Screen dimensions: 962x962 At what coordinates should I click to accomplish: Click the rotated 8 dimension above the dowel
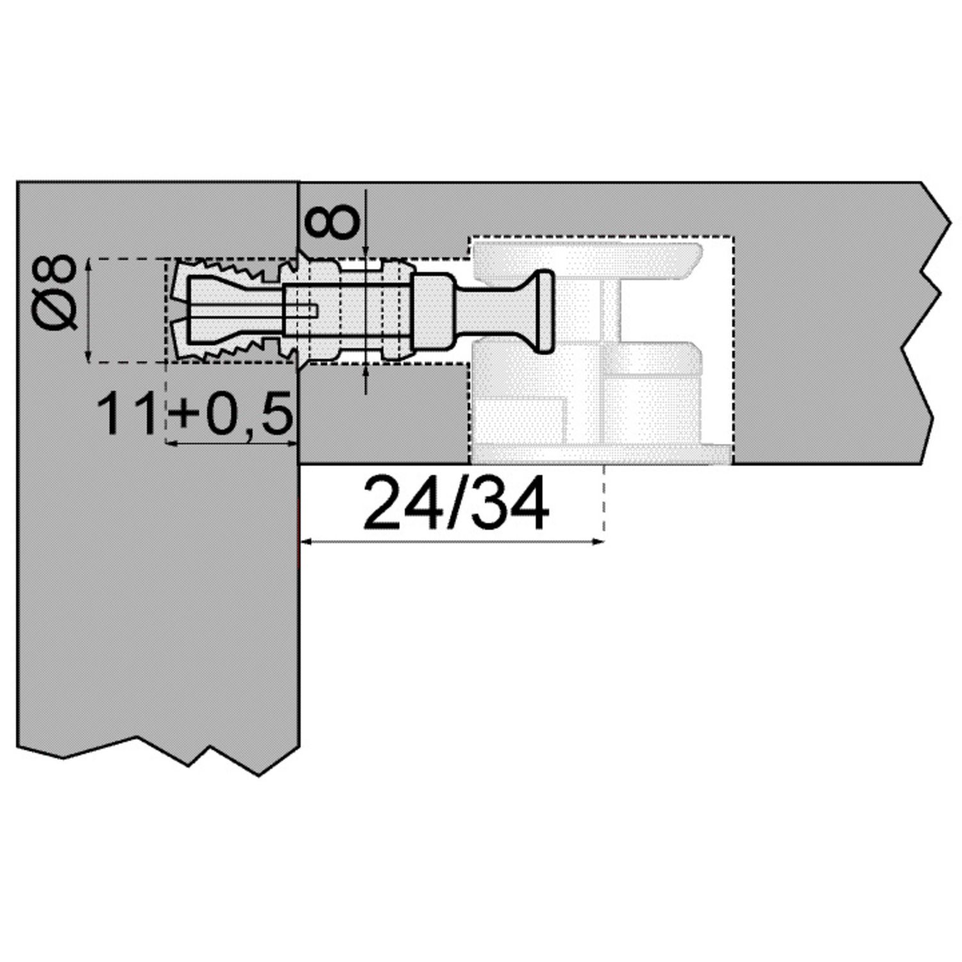point(332,222)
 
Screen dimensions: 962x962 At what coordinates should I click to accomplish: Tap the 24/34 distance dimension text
point(456,503)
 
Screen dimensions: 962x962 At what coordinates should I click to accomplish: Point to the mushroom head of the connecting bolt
point(544,311)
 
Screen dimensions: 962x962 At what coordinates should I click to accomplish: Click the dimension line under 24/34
point(452,542)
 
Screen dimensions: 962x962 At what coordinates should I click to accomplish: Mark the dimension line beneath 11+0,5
point(232,443)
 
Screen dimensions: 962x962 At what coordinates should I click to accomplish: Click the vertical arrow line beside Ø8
point(89,310)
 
